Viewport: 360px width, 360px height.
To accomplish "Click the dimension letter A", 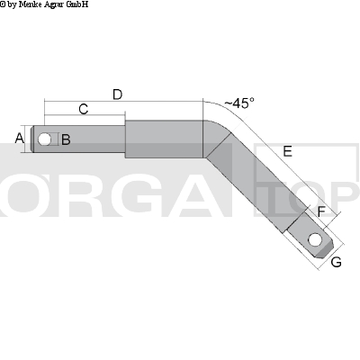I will [20, 138].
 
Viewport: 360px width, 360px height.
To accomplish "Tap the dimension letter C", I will [83, 109].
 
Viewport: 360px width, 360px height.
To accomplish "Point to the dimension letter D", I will [117, 94].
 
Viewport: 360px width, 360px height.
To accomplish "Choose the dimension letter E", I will [287, 152].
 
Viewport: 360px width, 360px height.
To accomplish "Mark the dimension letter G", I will [336, 262].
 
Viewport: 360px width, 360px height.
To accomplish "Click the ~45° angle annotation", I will [238, 103].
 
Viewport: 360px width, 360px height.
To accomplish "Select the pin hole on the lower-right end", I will [313, 240].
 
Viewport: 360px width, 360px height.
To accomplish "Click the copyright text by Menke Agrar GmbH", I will [44, 4].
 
